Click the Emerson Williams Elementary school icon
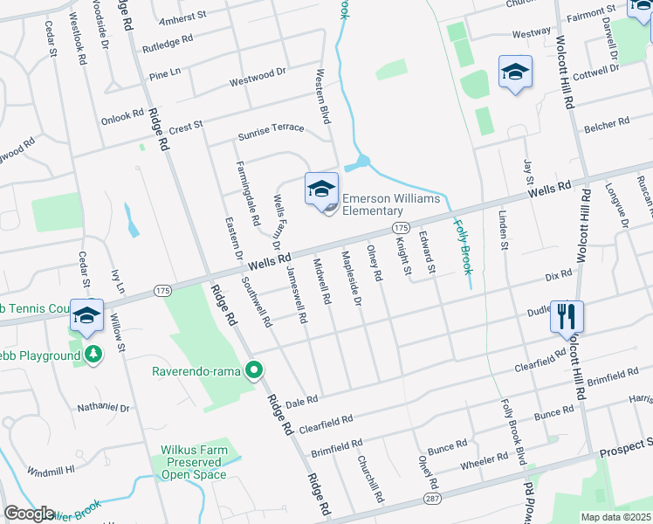point(321,189)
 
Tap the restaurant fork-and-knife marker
point(567,315)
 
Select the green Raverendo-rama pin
point(255,371)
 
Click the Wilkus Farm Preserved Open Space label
point(194,463)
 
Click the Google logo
point(29,514)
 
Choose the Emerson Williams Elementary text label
point(390,204)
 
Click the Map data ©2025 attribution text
point(616,517)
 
